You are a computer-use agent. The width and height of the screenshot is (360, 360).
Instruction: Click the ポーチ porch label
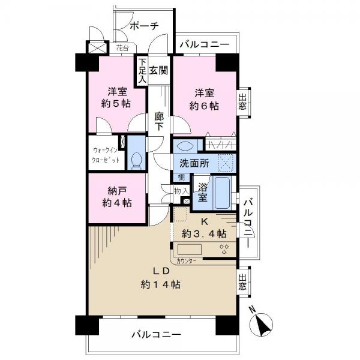[x=144, y=26]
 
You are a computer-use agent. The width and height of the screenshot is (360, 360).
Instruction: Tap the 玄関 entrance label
[x=158, y=70]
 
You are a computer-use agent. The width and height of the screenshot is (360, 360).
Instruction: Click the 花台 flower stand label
[x=122, y=48]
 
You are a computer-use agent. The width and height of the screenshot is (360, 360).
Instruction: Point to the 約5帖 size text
[x=116, y=104]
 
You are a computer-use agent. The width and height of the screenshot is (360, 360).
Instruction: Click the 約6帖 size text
[x=204, y=106]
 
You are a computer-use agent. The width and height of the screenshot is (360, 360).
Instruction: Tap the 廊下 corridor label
[x=159, y=121]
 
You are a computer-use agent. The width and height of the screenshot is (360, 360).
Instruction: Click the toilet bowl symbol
[x=136, y=161]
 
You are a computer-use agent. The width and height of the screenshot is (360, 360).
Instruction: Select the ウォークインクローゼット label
[x=106, y=155]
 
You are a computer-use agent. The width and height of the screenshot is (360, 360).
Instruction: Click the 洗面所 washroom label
[x=194, y=163]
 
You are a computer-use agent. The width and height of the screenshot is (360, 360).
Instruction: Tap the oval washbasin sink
[x=186, y=146]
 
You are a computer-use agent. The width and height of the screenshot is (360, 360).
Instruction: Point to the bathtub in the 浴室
[x=222, y=193]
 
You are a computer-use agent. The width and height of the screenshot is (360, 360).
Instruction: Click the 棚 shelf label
[x=181, y=177]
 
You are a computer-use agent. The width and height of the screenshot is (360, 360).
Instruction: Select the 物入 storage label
[x=181, y=191]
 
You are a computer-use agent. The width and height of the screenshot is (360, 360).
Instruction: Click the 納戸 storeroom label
[x=117, y=191]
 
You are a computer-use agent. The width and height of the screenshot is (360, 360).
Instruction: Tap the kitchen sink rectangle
[x=190, y=250]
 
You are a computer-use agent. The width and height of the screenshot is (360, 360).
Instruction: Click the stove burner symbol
[x=224, y=249]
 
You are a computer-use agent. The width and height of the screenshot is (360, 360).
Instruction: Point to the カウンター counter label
[x=186, y=261]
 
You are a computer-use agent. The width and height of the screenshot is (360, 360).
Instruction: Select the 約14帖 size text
[x=160, y=285]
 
